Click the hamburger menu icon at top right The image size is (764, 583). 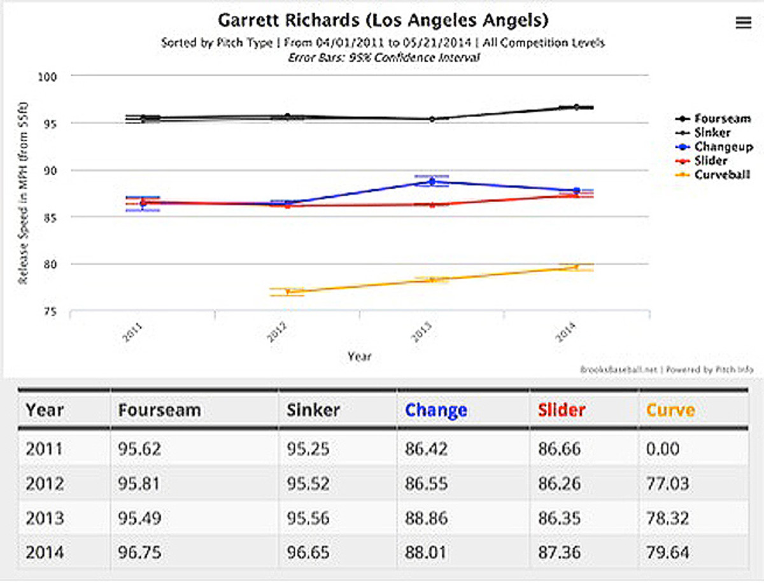pos(743,22)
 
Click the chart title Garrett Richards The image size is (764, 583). pos(383,20)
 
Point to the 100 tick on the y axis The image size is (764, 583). pos(48,76)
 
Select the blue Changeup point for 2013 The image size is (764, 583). pos(432,181)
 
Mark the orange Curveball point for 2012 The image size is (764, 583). pos(288,291)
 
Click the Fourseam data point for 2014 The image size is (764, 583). pos(576,107)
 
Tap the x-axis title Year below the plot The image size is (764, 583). pos(359,357)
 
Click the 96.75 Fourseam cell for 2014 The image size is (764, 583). pos(139,552)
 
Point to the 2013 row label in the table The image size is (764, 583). pos(45,518)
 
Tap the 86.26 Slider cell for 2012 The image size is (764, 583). pos(558,484)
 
